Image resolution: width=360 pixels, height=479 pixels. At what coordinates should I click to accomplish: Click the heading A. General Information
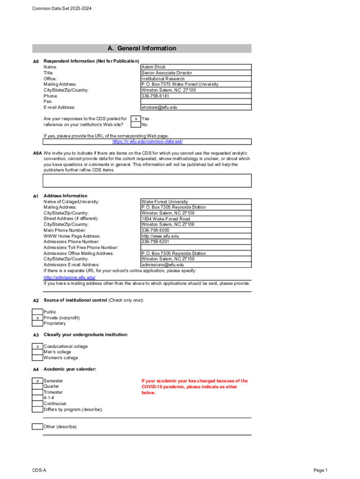(142, 48)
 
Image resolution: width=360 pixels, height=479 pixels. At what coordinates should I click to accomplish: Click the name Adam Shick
(153, 67)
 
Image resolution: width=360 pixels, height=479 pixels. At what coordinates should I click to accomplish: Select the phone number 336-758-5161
(156, 96)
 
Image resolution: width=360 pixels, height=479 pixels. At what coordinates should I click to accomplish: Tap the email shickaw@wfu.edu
(159, 107)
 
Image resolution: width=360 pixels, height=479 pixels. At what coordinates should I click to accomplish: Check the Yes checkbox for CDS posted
(135, 119)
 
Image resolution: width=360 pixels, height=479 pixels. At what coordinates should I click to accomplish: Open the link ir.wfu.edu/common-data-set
(147, 141)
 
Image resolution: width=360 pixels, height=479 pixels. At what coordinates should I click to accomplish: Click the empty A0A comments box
(147, 181)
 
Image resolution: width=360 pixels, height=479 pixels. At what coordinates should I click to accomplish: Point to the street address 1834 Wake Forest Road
(166, 218)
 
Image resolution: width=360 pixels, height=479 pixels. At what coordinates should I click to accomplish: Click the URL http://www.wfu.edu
(160, 236)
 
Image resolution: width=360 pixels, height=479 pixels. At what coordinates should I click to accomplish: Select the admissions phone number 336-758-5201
(156, 242)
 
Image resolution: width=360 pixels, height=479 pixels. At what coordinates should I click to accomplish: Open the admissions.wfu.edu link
(69, 277)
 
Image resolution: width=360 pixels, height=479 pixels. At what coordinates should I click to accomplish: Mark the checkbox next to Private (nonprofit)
(37, 318)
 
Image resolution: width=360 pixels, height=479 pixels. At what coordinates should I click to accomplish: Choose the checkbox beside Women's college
(37, 358)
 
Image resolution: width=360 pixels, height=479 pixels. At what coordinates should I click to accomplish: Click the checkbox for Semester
(37, 381)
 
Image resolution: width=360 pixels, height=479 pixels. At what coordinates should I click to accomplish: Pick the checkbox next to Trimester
(37, 392)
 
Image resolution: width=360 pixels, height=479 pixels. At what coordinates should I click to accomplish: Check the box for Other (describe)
(37, 426)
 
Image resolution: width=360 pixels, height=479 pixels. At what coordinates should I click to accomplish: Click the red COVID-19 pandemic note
(194, 386)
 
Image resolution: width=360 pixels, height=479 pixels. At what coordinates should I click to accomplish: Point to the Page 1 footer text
(320, 470)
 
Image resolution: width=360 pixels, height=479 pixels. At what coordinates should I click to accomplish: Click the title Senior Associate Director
(166, 73)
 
